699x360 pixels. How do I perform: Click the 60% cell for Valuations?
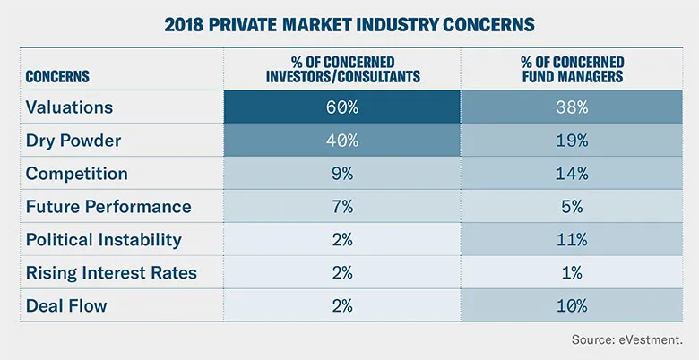coord(343,107)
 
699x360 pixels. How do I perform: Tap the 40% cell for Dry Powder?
coord(343,141)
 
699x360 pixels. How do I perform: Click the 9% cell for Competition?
coord(343,174)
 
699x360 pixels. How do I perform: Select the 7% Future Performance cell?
coord(343,207)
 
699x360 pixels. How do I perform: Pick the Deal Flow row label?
coord(67,306)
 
